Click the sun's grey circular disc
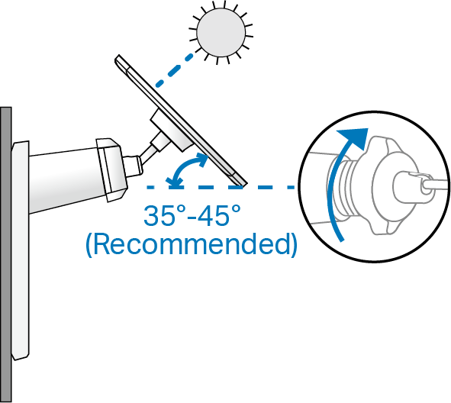221,32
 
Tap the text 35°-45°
192,215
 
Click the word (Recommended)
192,244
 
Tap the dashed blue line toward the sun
174,70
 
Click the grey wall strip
6,255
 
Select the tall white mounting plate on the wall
20,250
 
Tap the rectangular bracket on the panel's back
171,130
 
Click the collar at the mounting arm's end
111,169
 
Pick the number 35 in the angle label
156,215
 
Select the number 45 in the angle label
214,215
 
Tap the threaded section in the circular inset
345,189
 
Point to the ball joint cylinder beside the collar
133,166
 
